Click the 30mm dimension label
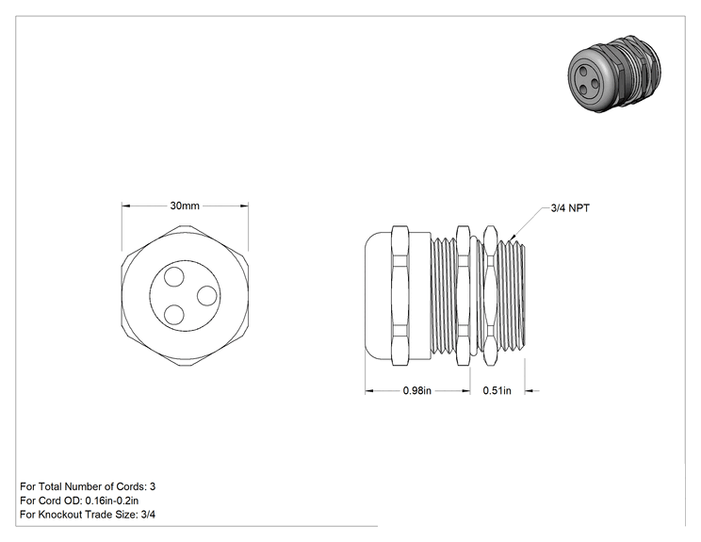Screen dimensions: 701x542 pos(185,205)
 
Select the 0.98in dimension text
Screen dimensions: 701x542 pos(417,390)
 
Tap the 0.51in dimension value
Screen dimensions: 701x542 pos(497,390)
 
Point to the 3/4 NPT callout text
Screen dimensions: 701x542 pos(570,208)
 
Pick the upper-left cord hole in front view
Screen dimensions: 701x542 pos(174,277)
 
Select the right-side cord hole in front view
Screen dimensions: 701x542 pos(207,296)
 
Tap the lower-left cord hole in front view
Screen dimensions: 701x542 pos(174,315)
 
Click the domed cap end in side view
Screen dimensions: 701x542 pos(378,296)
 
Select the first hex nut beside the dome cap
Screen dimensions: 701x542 pos(400,296)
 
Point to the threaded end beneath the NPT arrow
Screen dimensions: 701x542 pos(512,296)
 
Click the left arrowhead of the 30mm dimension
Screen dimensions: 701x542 pos(122,205)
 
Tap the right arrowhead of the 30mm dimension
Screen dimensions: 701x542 pos(248,205)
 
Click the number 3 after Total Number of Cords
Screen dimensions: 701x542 pos(153,486)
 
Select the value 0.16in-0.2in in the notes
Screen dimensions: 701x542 pos(112,501)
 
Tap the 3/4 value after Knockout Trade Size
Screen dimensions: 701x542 pos(148,515)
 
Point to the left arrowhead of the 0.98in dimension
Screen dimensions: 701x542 pos(366,391)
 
